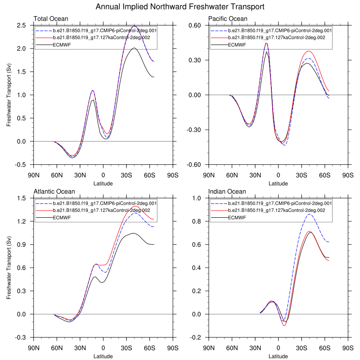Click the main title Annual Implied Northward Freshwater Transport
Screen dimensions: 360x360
[180, 7]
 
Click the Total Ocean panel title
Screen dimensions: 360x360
[51, 19]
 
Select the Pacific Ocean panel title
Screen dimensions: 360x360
[227, 19]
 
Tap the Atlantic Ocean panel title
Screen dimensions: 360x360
[54, 192]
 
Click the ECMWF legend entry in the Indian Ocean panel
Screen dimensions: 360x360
[238, 218]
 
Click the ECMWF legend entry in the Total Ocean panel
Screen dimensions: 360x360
[63, 45]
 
